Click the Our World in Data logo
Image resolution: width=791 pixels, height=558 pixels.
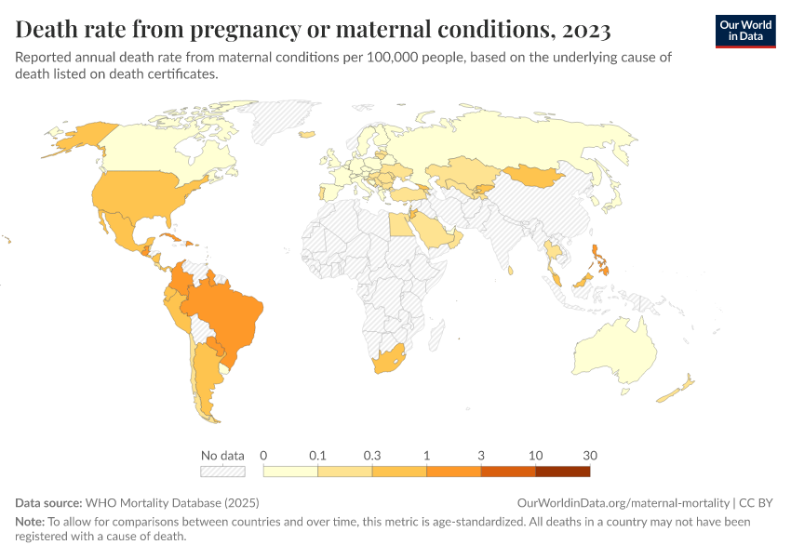click(745, 31)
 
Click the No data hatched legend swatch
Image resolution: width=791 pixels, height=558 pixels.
click(222, 472)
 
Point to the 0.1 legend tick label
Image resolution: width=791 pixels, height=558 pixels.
click(317, 456)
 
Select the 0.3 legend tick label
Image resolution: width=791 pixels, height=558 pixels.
click(372, 456)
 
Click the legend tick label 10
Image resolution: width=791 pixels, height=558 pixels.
click(535, 456)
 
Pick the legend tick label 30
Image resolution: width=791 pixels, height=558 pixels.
click(589, 456)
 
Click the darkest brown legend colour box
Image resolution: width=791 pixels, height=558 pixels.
click(562, 472)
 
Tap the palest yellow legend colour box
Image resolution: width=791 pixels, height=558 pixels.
click(290, 472)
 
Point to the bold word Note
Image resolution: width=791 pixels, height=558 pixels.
click(30, 523)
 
